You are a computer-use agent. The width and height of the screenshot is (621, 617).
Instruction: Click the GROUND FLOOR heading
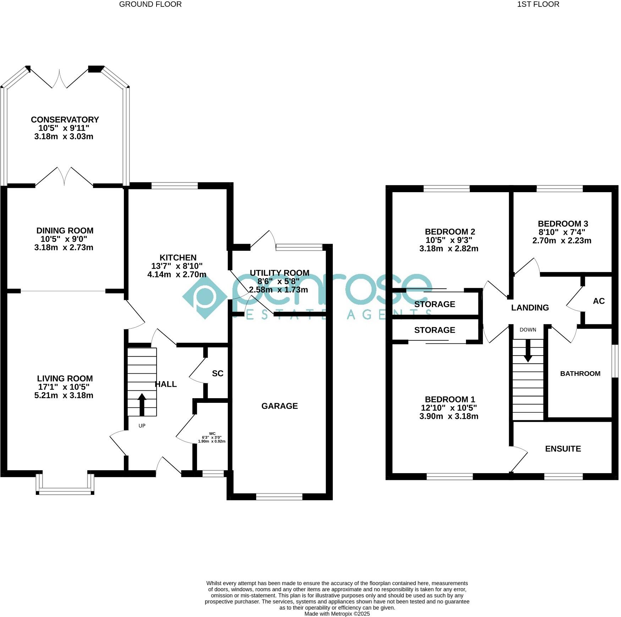coord(150,4)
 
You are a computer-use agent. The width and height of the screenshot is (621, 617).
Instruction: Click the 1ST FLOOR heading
coord(538,4)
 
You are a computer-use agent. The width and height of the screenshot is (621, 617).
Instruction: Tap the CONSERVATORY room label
coord(65,120)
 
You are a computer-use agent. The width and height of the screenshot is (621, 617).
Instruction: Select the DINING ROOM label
coord(65,231)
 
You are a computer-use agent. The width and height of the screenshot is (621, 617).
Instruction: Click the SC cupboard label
coord(218,373)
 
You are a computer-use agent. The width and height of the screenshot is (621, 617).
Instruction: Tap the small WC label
coord(212,433)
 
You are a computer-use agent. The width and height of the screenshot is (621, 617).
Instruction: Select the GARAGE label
coord(279,406)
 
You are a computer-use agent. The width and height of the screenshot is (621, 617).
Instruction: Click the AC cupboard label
coord(599,301)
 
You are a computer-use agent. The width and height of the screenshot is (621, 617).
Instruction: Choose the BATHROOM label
coord(580,373)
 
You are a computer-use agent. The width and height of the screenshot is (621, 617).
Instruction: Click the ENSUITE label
coord(563,449)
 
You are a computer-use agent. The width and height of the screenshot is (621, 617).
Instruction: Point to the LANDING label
coord(530,308)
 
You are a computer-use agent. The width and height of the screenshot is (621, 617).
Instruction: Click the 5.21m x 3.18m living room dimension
coord(64,395)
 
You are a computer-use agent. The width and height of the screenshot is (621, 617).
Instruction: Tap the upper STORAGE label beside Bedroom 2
coord(434,304)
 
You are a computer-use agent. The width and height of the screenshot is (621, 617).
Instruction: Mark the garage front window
coord(279,497)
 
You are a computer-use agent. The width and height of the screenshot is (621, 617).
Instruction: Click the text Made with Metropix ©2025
coord(337,613)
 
